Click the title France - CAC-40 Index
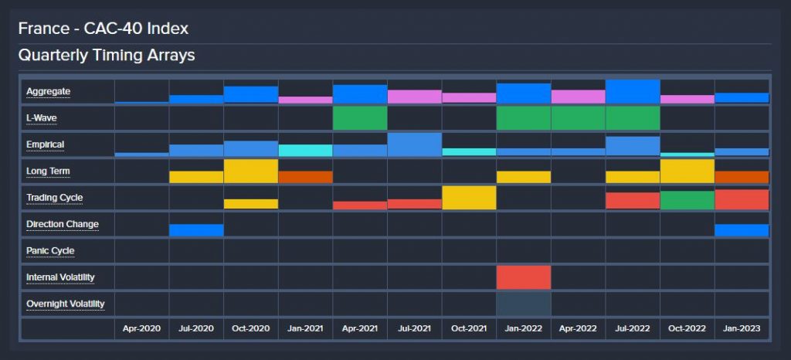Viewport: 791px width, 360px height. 104,29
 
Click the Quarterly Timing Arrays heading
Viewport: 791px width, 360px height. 107,56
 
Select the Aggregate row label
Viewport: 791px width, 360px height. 48,92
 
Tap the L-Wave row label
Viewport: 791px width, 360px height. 42,118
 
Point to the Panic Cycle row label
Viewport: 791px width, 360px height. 50,251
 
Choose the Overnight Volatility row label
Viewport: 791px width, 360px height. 65,304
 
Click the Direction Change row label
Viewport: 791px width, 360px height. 62,224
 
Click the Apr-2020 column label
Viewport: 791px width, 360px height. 141,329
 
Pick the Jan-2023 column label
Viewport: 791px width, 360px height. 742,329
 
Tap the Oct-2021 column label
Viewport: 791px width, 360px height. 469,329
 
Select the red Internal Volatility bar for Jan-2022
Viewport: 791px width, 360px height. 524,277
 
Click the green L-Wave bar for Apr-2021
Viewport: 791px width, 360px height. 360,118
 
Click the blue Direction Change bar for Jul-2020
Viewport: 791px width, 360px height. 196,230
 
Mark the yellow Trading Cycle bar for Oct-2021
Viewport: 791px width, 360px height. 469,198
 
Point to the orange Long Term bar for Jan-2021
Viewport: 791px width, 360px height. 305,177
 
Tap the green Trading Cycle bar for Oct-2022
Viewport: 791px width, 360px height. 687,200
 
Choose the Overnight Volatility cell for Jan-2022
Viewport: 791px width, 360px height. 524,304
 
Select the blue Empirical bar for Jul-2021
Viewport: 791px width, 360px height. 414,144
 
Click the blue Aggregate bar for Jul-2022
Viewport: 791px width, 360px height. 633,91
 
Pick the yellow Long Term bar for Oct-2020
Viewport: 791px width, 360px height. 250,171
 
